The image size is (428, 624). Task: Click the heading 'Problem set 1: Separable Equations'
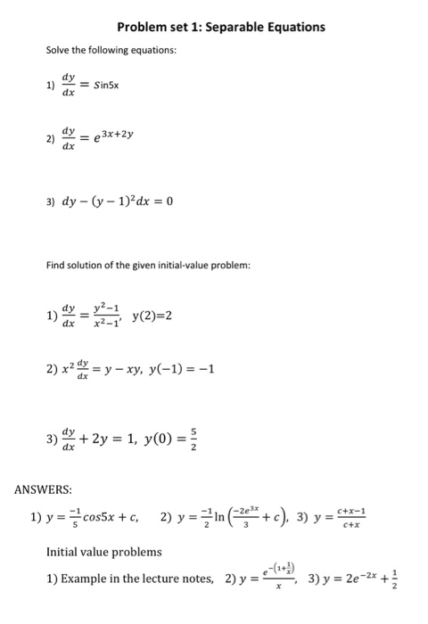pyautogui.click(x=221, y=27)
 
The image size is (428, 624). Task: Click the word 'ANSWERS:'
pyautogui.click(x=43, y=489)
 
